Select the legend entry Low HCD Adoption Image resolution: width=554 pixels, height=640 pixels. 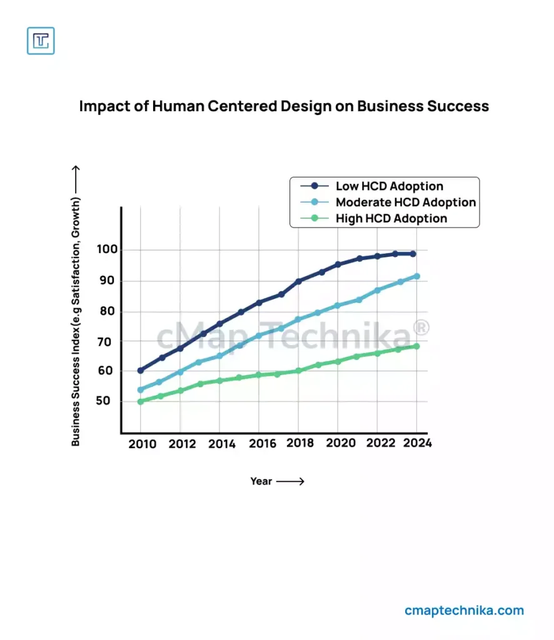coord(389,186)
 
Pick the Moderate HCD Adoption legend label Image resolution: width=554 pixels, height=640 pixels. coord(405,202)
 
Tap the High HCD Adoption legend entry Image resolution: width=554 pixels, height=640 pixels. coord(391,219)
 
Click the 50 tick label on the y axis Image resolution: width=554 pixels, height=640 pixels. coord(104,401)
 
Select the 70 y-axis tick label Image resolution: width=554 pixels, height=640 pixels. coord(104,342)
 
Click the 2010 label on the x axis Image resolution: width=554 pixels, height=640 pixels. coord(141,444)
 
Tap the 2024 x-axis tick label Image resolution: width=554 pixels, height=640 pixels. coord(417,443)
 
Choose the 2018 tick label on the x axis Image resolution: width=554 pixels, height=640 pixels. coord(299,443)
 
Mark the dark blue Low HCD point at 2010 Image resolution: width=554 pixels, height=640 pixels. coord(141,371)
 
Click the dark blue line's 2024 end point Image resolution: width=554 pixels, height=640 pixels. coord(413,254)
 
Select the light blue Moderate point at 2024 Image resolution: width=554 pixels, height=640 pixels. coord(416,276)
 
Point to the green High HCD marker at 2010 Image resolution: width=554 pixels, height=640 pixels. coord(141,401)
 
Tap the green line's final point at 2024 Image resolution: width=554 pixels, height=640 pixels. coord(416,346)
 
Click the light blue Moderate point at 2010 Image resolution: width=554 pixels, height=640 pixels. coord(141,390)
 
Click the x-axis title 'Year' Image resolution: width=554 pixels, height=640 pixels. coord(261,481)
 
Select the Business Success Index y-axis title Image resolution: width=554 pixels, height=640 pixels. coord(76,321)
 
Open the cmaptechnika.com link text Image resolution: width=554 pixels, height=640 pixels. coord(464,611)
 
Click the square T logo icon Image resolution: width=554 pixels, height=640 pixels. coord(41,41)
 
